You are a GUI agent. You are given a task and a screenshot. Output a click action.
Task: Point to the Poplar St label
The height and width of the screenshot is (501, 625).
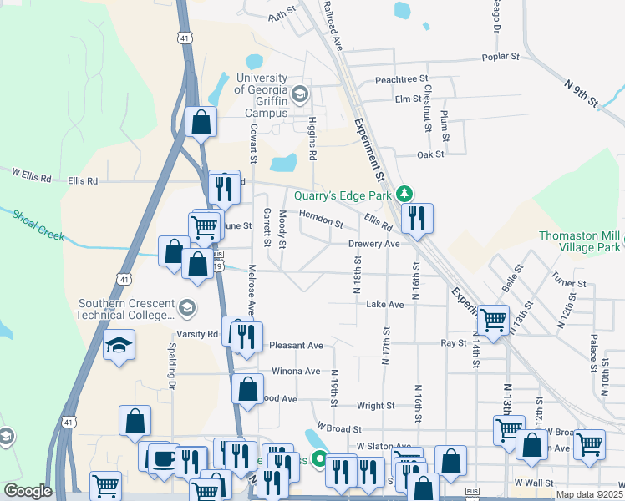pyautogui.click(x=501, y=58)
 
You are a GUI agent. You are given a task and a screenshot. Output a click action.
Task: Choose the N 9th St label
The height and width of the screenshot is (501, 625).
pyautogui.click(x=582, y=93)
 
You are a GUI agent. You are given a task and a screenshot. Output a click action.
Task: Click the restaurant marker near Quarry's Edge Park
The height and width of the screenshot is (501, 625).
pyautogui.click(x=416, y=218)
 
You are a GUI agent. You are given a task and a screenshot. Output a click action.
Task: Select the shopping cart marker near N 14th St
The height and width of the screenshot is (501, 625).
pyautogui.click(x=493, y=319)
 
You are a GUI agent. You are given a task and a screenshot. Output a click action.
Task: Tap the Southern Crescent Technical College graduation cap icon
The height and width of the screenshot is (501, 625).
pyautogui.click(x=188, y=308)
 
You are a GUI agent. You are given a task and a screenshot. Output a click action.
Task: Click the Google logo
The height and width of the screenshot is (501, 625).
pyautogui.click(x=27, y=491)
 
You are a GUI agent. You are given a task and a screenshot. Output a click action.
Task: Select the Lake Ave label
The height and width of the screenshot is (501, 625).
pyautogui.click(x=385, y=305)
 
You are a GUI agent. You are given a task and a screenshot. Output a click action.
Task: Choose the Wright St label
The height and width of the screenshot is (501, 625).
pyautogui.click(x=375, y=406)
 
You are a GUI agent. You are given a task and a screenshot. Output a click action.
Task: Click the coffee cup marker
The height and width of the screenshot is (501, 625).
pyautogui.click(x=160, y=458)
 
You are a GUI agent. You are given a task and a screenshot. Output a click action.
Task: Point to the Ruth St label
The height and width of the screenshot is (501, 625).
pyautogui.click(x=282, y=17)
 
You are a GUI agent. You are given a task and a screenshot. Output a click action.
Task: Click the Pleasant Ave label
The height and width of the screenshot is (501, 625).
pyautogui.click(x=297, y=345)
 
